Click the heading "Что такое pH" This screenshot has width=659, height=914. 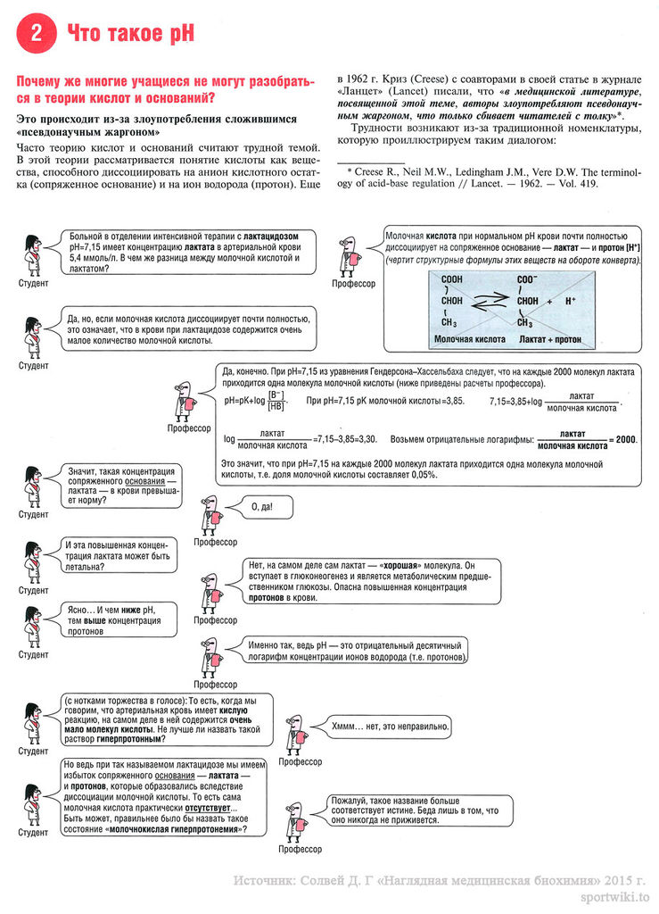(x=131, y=34)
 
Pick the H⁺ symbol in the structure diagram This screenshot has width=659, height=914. (x=571, y=302)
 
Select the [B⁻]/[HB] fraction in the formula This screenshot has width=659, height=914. (x=276, y=401)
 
